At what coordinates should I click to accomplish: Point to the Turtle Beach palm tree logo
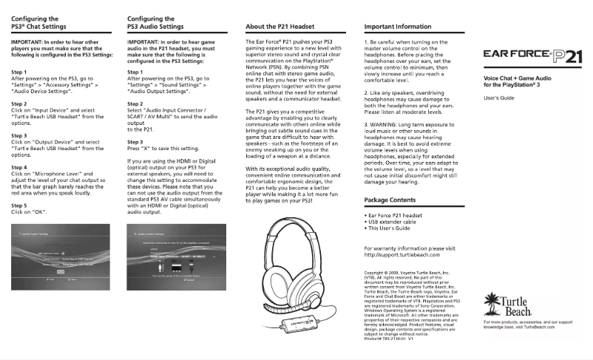click(507, 302)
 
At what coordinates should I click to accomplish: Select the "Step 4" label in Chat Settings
click(20, 168)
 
